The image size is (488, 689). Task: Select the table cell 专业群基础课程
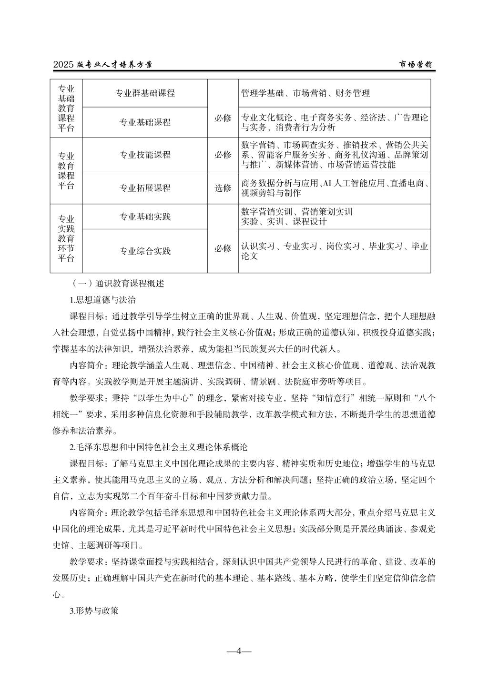(145, 93)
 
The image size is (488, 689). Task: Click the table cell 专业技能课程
(145, 155)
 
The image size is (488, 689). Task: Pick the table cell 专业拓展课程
(145, 188)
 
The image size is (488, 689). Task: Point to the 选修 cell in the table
(223, 188)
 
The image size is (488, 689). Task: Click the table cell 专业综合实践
(145, 251)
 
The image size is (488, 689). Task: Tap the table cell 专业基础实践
(145, 217)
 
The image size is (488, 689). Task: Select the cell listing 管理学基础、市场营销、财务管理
(305, 93)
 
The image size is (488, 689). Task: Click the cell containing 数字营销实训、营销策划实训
(297, 212)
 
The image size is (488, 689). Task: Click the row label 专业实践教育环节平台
(66, 238)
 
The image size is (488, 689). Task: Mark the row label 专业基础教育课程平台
(66, 108)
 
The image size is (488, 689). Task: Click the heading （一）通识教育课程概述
(118, 284)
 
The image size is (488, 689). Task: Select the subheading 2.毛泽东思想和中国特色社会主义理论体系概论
(159, 448)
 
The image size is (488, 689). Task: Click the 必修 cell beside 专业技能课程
(223, 155)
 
